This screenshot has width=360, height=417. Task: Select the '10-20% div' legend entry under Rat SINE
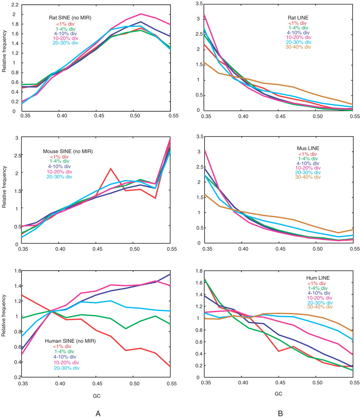[x=65, y=38]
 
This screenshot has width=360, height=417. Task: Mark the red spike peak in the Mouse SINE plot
[x=111, y=168]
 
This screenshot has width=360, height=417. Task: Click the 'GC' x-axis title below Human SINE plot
[x=97, y=396]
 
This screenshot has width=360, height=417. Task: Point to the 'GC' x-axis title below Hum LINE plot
[x=278, y=394]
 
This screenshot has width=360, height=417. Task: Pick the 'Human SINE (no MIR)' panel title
[x=70, y=341]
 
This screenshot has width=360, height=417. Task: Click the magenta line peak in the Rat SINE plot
[x=141, y=14]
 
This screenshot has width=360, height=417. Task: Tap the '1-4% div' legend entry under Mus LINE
[x=308, y=159]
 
